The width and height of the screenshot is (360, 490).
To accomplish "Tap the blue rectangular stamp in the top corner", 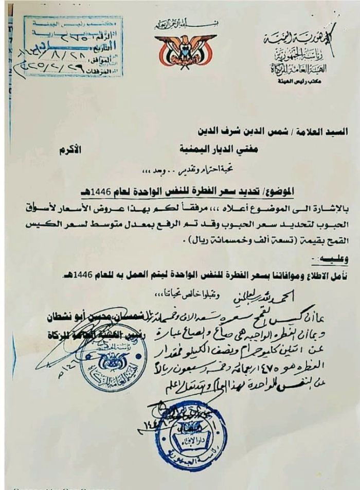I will pos(73,46).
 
